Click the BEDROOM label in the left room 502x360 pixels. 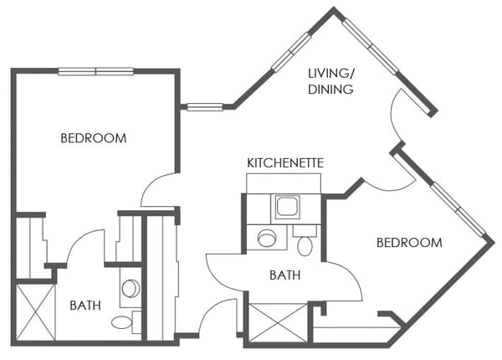[x=94, y=138]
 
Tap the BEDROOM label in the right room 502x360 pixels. [x=408, y=243]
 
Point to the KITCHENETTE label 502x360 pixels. [x=285, y=162]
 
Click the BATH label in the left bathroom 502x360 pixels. [x=85, y=306]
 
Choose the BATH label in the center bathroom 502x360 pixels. [x=285, y=275]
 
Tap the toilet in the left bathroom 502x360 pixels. [x=121, y=321]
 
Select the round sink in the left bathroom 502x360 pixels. [x=130, y=288]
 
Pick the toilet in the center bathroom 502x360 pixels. [x=305, y=245]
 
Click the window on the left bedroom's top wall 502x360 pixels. [x=96, y=71]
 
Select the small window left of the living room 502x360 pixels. [x=204, y=106]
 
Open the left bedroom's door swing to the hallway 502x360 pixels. [x=159, y=190]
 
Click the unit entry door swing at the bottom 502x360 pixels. [x=218, y=317]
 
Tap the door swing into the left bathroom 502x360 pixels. [x=84, y=247]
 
